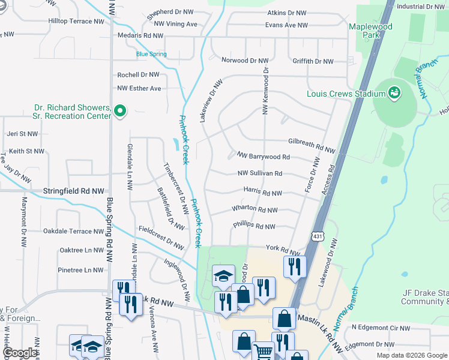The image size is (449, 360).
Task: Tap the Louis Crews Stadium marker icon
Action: [x=394, y=93]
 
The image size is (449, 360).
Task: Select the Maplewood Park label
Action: [x=371, y=31]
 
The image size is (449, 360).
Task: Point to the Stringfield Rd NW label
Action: [x=73, y=191]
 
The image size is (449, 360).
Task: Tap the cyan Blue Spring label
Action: [x=151, y=54]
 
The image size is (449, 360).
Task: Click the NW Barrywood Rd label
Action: [x=264, y=157]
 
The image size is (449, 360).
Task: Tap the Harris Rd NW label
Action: [x=263, y=193]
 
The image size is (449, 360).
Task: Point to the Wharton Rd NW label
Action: [x=255, y=210]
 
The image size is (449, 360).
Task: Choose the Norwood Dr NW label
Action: [x=244, y=61]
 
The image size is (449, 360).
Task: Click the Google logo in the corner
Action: [x=19, y=353]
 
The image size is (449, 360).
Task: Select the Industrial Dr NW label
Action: [x=420, y=7]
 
